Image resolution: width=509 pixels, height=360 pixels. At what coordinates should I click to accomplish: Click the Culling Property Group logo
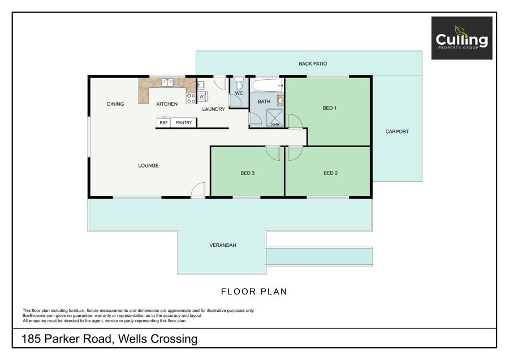pos(461,38)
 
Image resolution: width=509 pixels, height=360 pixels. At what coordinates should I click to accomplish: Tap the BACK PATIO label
pos(313,64)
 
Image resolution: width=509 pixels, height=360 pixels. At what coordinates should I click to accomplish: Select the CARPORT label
pos(396,131)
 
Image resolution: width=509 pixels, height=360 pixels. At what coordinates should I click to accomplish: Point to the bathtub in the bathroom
pos(267,85)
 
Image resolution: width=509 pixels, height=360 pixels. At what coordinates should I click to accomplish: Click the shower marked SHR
pos(275,118)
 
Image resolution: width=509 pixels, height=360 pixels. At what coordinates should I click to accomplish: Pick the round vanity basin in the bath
pos(281,101)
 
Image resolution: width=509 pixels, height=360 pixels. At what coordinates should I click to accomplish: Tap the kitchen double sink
pos(167,83)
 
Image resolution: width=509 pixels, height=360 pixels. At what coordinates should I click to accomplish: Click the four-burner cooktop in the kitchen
pos(191,98)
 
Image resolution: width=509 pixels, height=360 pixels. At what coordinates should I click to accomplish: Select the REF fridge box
pos(163,122)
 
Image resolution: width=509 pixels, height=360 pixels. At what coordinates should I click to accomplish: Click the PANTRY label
pos(184,122)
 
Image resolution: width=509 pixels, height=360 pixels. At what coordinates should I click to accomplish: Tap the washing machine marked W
pos(201,96)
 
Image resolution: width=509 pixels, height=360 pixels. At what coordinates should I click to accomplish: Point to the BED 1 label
pos(330,108)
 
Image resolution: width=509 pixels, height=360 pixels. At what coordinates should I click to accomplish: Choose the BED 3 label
pos(247,173)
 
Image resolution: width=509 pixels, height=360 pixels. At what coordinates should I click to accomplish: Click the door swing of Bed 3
pos(273,153)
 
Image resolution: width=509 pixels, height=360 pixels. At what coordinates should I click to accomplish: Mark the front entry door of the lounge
pos(198,190)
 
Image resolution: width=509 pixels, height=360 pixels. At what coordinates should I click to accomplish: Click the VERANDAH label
pos(223,245)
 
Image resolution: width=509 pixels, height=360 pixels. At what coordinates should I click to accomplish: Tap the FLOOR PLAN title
pos(254,292)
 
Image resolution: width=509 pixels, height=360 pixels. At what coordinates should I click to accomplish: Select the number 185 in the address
pos(31,339)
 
